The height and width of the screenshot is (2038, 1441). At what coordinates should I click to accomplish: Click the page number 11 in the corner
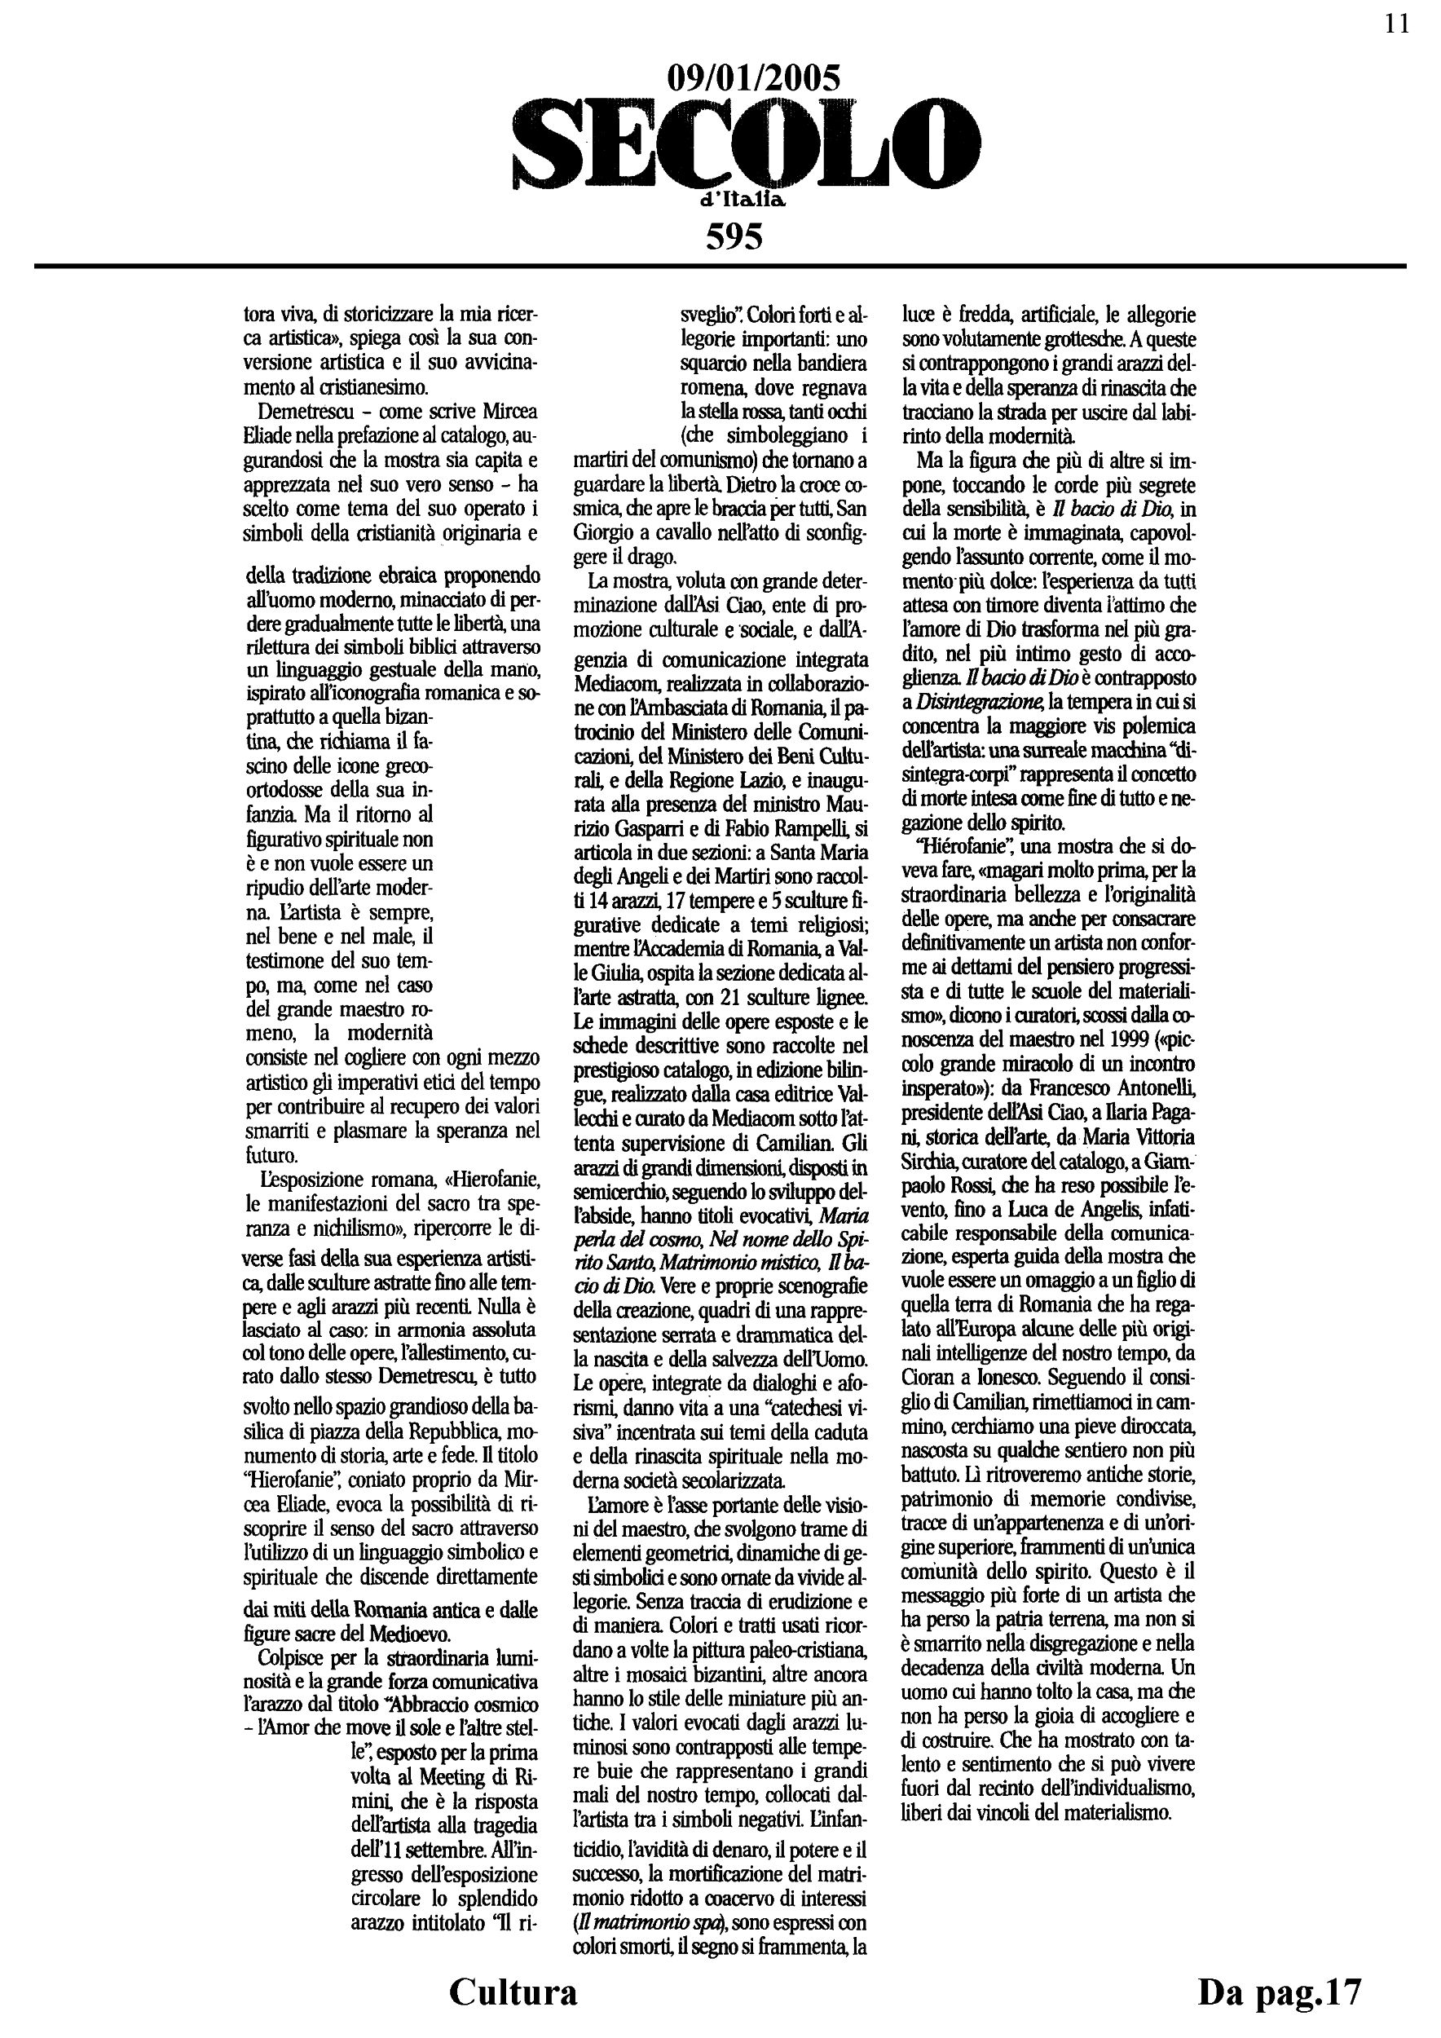[x=1397, y=24]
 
